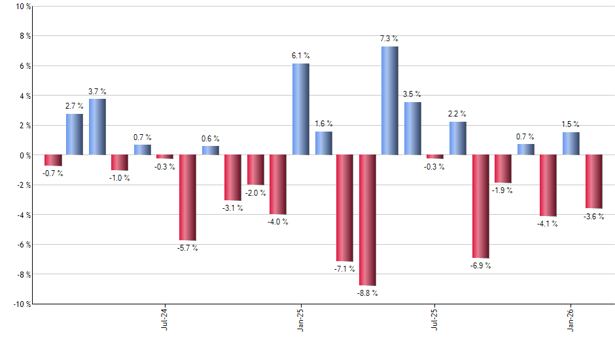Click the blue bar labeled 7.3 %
coord(389,101)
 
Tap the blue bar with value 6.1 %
coord(300,109)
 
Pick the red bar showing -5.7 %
coord(188,197)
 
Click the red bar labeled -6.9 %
coord(481,206)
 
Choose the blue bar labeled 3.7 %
coord(97,127)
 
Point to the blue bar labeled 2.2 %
coord(458,138)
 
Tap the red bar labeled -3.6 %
coord(593,181)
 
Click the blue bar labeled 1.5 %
coord(571,143)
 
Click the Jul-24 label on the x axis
coord(164,317)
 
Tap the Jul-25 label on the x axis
coord(435,317)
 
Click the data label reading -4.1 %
coord(548,224)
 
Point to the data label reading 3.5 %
coord(412,94)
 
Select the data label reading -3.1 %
coord(232,208)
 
